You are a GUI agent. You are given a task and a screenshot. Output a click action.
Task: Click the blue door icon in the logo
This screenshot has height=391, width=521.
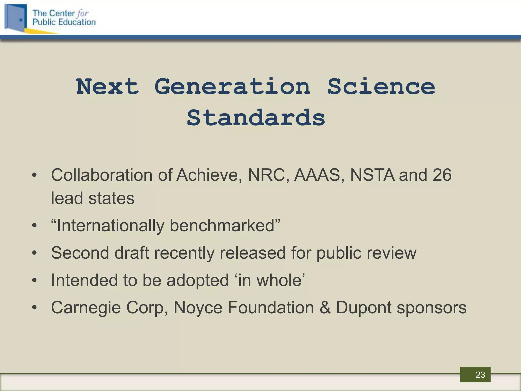pyautogui.click(x=16, y=18)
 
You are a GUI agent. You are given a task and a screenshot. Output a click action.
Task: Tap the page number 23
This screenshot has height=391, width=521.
pyautogui.click(x=480, y=375)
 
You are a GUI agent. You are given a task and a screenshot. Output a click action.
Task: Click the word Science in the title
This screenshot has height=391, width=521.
pyautogui.click(x=381, y=87)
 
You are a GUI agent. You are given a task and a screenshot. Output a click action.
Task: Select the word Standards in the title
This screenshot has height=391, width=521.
pyautogui.click(x=256, y=118)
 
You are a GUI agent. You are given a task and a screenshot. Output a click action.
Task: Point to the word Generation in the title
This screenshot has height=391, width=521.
pyautogui.click(x=232, y=87)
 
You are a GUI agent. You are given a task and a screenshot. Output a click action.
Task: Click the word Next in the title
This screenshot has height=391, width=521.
pyautogui.click(x=107, y=87)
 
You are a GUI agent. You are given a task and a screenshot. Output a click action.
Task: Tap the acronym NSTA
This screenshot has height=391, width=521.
pyautogui.click(x=372, y=175)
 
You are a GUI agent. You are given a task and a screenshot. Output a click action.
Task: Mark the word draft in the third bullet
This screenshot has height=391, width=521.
pyautogui.click(x=132, y=253)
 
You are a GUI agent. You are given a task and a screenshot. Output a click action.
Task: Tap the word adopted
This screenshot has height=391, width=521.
pyautogui.click(x=198, y=280)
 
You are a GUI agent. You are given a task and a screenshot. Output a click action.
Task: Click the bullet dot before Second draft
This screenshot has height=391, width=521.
pyautogui.click(x=35, y=253)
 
